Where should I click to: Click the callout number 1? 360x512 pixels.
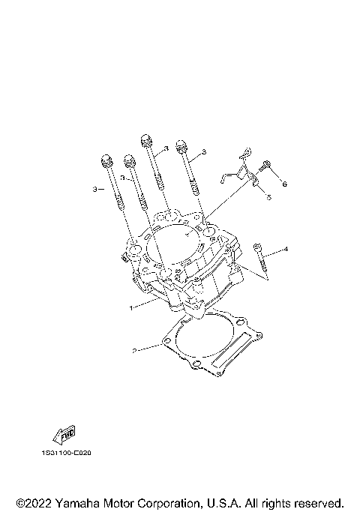130,307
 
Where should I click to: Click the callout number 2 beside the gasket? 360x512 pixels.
133,350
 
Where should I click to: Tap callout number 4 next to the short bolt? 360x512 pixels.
285,248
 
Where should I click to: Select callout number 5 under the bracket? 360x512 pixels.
268,198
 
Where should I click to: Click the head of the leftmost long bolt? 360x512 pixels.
104,160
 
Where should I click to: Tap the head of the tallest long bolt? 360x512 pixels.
146,139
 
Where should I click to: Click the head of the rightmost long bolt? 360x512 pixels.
181,145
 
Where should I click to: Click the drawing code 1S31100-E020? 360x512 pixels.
67,453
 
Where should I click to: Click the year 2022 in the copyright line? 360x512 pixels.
40,503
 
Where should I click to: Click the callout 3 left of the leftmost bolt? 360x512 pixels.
94,190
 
